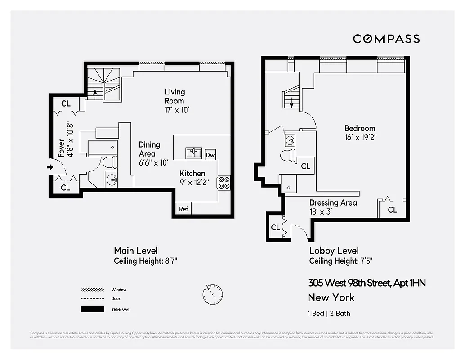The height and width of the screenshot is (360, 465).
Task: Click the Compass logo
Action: point(386,39)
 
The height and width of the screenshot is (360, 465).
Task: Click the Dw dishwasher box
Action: point(210,155)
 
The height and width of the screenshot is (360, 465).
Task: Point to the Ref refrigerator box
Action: point(183,209)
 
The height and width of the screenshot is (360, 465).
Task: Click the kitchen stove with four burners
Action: point(224,183)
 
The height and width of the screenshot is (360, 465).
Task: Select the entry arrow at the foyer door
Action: point(49,168)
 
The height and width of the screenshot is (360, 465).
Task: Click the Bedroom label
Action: point(360,128)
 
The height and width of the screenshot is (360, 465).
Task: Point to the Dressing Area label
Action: point(333,203)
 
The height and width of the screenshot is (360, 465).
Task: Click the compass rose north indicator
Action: point(212,293)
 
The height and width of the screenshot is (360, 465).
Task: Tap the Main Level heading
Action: point(136,251)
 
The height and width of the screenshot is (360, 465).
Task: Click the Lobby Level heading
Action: point(334,251)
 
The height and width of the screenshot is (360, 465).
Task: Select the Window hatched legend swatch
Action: point(90,289)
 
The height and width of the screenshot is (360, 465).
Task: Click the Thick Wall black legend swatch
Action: point(90,310)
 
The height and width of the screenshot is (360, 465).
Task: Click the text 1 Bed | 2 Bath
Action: point(329,313)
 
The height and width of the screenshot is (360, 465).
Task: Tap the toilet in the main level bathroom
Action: point(110,162)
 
